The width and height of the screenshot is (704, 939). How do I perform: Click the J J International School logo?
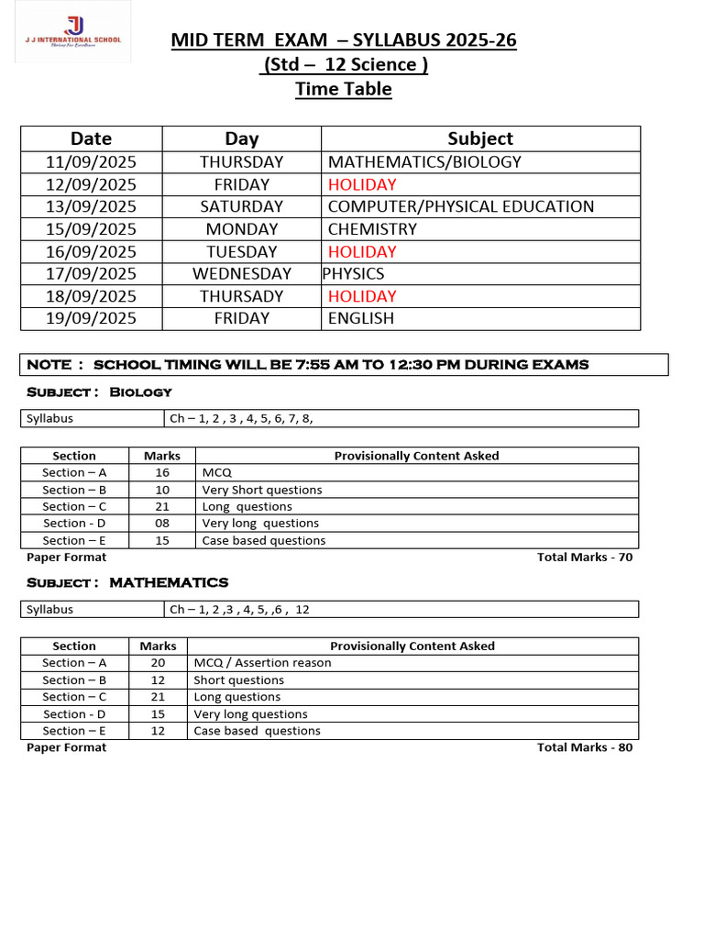(72, 32)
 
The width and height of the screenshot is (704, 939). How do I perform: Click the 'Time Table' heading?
(343, 89)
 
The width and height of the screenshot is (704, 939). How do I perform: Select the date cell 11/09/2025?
(91, 162)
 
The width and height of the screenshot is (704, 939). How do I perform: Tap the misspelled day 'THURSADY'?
(242, 296)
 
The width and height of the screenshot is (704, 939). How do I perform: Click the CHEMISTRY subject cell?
(372, 229)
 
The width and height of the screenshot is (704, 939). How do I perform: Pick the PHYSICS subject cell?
(354, 274)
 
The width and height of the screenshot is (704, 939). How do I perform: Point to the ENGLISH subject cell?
(361, 318)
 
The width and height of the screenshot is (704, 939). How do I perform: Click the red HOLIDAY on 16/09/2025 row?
(362, 251)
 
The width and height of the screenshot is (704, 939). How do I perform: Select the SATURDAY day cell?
(242, 206)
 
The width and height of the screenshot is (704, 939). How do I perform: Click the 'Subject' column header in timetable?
(480, 138)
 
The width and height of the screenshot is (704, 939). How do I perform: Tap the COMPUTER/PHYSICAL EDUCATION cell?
(460, 206)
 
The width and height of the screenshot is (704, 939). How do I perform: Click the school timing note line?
(308, 365)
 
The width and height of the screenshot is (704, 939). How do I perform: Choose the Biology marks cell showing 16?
(162, 473)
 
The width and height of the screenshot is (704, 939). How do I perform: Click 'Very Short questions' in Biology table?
(262, 490)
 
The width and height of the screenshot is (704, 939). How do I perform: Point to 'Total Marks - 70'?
(584, 557)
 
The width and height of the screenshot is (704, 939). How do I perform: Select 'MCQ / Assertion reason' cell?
(262, 663)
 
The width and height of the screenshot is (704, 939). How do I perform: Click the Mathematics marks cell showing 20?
(158, 663)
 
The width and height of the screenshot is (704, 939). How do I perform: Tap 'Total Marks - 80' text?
(584, 747)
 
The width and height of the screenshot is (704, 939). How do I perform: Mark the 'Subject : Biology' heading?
(99, 392)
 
